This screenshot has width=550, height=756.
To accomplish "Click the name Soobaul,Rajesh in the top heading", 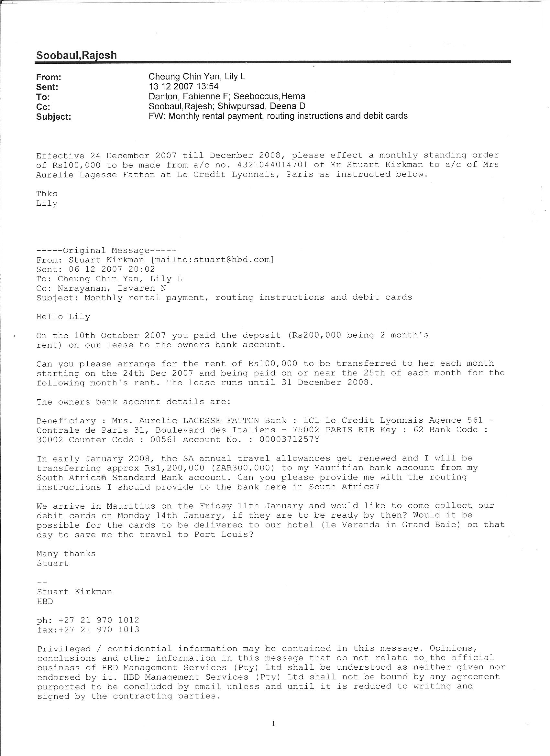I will click(76, 55).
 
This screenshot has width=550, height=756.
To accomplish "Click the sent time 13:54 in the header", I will click(207, 86).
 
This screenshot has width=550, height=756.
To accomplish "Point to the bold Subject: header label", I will click(53, 117).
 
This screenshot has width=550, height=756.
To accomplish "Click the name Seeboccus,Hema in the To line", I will click(269, 96).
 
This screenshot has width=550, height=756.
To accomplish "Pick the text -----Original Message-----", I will click(106, 250).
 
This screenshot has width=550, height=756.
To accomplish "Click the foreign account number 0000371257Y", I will click(289, 439).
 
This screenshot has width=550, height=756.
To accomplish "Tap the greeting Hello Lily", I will click(63, 317).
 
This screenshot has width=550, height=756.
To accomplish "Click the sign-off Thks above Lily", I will click(47, 194).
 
